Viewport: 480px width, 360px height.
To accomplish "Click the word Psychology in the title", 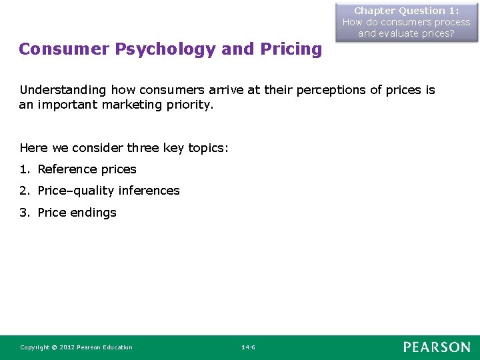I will tap(165, 49).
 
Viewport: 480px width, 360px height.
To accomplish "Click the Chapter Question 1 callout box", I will tap(406, 21).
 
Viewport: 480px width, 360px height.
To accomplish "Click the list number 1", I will tap(24, 169).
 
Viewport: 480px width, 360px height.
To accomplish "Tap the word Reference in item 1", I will tap(67, 169).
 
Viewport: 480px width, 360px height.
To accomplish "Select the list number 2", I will tap(24, 191).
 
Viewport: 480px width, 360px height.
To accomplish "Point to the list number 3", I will tap(24, 213).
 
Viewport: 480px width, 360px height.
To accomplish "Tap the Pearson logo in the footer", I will tap(436, 347).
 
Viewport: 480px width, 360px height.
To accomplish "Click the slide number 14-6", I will tap(247, 347).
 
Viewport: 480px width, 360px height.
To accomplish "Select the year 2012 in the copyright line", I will tap(66, 347).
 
